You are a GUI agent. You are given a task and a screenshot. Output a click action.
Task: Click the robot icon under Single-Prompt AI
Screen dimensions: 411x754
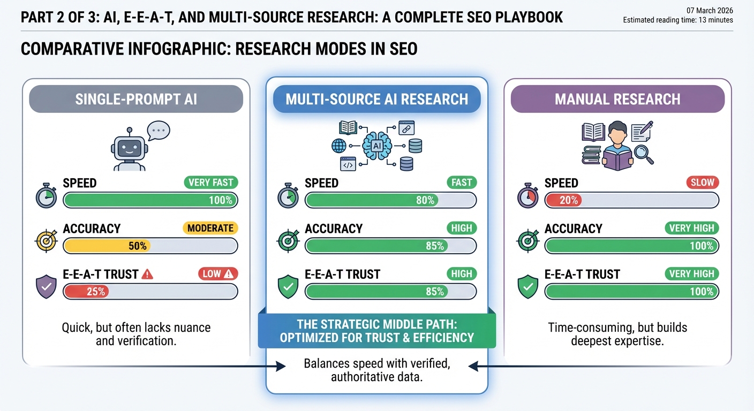coord(129,151)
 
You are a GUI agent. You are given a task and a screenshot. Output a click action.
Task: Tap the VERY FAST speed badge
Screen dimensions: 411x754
coord(210,182)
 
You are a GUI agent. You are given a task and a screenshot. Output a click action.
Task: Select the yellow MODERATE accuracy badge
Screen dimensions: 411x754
coord(210,228)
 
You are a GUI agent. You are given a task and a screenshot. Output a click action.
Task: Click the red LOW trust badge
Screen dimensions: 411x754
coord(217,274)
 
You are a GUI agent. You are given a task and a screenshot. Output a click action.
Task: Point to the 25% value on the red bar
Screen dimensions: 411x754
coord(96,292)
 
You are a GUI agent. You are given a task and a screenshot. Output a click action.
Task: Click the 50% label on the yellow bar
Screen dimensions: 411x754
coord(137,246)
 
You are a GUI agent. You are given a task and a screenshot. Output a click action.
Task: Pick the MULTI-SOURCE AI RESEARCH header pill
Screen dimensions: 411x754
coord(376,99)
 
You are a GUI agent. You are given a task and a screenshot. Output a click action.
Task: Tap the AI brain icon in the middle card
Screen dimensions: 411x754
coord(376,146)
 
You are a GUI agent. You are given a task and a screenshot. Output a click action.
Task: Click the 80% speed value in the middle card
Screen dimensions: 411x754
coord(425,201)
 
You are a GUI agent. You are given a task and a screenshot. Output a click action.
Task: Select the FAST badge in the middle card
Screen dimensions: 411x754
coord(461,182)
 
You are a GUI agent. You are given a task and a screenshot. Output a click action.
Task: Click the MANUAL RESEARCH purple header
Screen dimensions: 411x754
coord(617,99)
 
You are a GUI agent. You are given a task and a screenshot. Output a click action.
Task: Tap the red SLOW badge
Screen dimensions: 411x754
coord(702,182)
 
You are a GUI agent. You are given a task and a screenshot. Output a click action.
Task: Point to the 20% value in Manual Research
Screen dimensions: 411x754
coord(568,201)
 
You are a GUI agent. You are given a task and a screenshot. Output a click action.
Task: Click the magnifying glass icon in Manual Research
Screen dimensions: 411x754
coord(643,154)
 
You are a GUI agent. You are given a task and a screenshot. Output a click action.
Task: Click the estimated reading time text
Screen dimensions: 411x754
coord(678,20)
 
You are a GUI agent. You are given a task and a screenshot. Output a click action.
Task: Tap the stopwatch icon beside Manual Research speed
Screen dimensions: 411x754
coord(528,196)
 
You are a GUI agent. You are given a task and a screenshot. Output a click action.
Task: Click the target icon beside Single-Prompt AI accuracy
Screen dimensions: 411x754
coord(46,242)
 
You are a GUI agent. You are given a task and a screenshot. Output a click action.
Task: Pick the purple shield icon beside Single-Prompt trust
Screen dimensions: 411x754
coord(46,287)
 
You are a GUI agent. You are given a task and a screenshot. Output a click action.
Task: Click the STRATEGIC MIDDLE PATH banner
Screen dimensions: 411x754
coord(376,331)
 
